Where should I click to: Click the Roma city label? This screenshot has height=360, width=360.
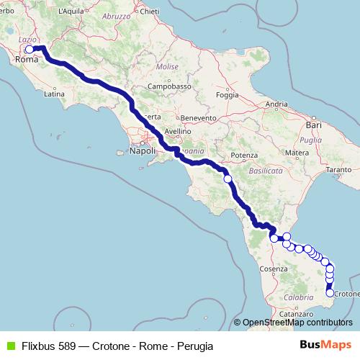coord(26,60)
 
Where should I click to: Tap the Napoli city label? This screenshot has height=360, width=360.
coord(143,151)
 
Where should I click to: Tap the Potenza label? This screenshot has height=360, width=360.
coord(245,156)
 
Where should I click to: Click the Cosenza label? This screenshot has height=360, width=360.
coord(265,269)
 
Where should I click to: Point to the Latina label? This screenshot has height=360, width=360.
coord(55,94)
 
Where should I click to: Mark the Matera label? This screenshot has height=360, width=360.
coord(297,153)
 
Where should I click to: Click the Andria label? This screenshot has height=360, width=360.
coord(276,104)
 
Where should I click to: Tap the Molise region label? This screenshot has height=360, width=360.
coord(167,66)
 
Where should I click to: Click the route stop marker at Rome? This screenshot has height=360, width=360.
coord(30,50)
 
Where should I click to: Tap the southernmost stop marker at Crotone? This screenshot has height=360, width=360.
coord(330,292)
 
